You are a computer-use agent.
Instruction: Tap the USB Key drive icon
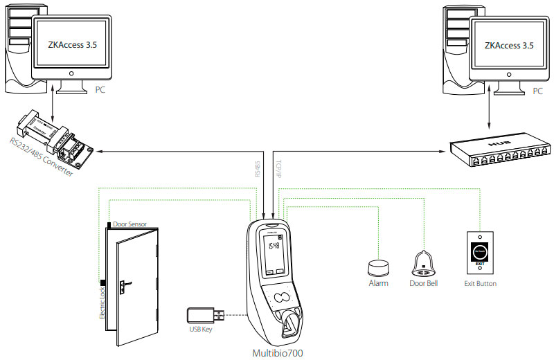click(205, 315)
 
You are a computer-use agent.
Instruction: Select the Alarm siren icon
click(378, 267)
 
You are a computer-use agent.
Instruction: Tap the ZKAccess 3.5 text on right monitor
click(509, 46)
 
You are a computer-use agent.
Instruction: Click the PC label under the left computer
click(102, 90)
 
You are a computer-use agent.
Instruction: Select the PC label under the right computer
click(537, 90)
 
